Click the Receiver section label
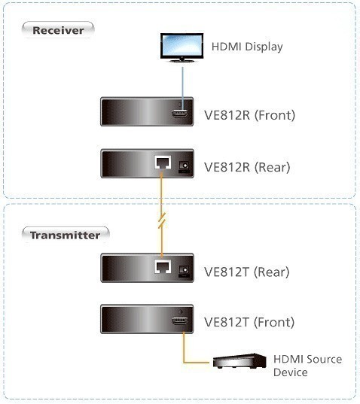(x=58, y=30)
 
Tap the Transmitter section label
(x=66, y=235)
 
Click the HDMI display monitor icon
(x=182, y=47)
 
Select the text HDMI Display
(x=247, y=47)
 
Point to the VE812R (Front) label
(x=249, y=115)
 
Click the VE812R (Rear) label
(x=247, y=167)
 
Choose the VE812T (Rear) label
(x=247, y=272)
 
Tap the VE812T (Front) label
(x=249, y=322)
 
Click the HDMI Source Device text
(x=307, y=366)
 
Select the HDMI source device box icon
(x=239, y=360)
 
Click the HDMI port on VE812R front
(x=180, y=114)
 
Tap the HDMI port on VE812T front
(x=180, y=320)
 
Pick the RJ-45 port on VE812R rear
(x=163, y=163)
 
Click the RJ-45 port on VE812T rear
(x=163, y=266)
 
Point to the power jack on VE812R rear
(x=184, y=166)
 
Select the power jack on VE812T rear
(x=184, y=271)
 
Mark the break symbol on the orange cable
(x=162, y=220)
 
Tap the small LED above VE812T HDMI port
(x=180, y=311)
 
